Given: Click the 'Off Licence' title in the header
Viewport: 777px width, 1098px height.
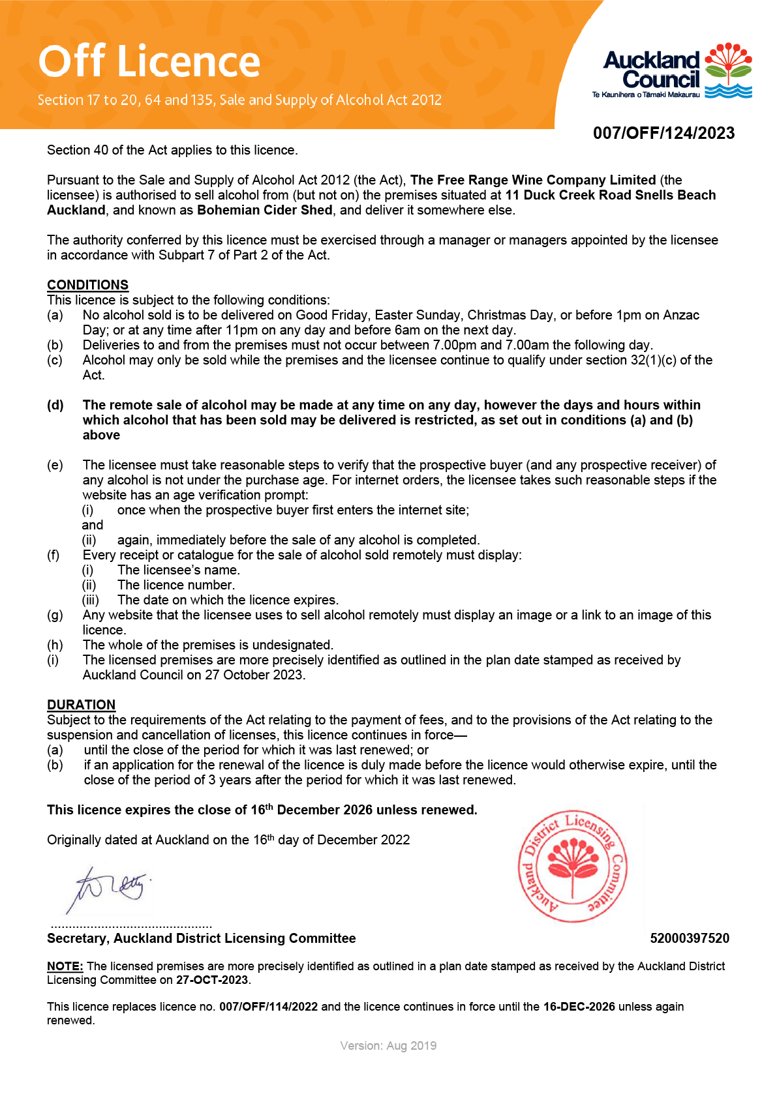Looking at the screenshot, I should point(149,61).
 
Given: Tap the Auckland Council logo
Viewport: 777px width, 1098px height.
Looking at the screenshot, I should point(672,72).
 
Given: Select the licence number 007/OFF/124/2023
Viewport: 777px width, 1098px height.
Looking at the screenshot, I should point(663,133).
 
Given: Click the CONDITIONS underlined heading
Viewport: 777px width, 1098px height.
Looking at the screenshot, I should point(87,285).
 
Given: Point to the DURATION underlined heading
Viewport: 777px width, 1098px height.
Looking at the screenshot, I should point(81,705).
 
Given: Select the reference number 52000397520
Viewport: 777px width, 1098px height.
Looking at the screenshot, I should point(690,938).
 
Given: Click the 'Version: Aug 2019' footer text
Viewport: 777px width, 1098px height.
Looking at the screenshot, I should point(388,1046).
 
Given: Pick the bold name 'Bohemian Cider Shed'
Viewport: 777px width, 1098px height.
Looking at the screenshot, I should point(265,210).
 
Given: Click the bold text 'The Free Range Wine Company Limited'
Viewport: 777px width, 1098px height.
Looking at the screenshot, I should point(533,180).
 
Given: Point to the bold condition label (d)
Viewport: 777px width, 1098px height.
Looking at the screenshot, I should point(55,405).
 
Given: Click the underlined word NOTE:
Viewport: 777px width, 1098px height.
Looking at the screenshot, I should point(65,966).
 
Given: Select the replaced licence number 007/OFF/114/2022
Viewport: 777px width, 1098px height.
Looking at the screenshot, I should point(268,1007).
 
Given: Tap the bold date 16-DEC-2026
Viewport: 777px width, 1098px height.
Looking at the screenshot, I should point(579,1007).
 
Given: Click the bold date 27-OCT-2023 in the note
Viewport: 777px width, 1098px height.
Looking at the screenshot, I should point(212,980).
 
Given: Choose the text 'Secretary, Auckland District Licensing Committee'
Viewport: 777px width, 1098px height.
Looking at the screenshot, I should point(201,938).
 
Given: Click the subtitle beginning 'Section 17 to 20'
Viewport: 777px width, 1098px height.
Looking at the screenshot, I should point(239,100).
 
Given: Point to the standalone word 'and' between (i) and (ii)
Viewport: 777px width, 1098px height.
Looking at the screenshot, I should point(92,525).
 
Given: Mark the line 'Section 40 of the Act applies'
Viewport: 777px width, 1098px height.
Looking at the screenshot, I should point(172,150).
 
